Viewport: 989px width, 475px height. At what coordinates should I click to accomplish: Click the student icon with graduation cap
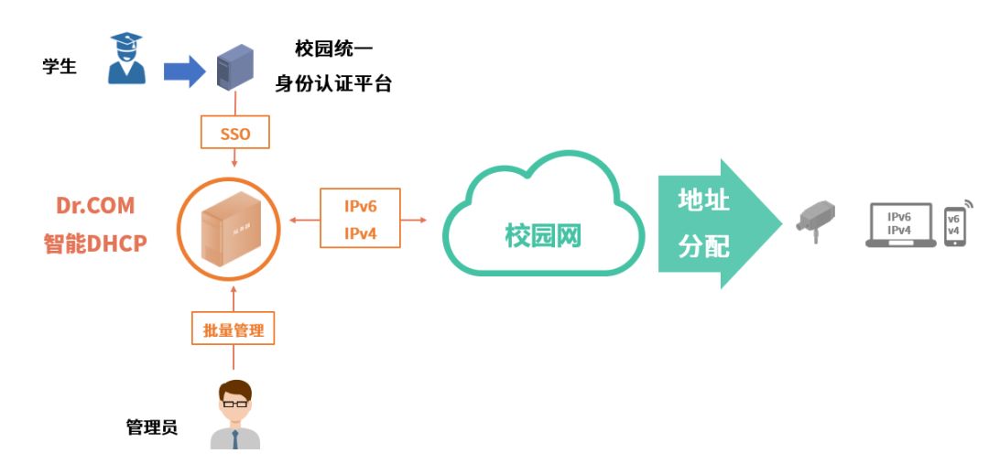coord(126,59)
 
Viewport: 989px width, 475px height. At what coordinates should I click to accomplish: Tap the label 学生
coord(60,66)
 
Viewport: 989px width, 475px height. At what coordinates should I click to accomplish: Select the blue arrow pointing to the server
coord(184,71)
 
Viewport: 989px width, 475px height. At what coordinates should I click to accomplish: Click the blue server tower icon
coord(235,68)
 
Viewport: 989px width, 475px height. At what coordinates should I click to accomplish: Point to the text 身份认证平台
coord(333,83)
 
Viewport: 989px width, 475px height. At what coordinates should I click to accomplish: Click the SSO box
coord(235,133)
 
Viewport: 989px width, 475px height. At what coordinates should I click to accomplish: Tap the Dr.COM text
coord(95,205)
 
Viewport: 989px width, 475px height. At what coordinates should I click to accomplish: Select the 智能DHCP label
coord(95,243)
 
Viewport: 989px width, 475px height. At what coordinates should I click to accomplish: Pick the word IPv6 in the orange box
coord(361,206)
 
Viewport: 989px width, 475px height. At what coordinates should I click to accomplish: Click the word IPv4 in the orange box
coord(361,233)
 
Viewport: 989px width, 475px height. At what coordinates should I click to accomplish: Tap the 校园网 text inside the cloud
coord(543,236)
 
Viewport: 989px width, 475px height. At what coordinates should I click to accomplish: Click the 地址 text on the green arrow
coord(703,200)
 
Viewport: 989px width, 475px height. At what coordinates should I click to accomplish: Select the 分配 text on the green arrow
coord(703,246)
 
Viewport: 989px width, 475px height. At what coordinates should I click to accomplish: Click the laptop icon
coord(900,225)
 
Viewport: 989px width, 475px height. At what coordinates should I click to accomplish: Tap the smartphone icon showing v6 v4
coord(955,226)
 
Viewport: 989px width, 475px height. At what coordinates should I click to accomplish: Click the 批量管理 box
coord(234,329)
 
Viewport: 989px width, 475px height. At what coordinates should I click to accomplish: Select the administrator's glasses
coord(234,404)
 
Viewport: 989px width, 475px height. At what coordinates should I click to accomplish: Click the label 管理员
coord(152,428)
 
